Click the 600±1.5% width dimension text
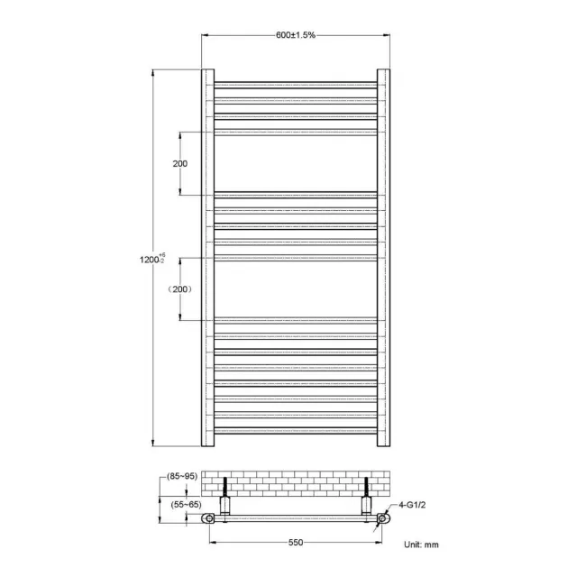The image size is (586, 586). (x=295, y=34)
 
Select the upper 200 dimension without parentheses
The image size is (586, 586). (x=179, y=163)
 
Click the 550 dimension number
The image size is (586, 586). (x=295, y=543)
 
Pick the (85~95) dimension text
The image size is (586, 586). (x=182, y=476)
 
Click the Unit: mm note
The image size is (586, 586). (x=421, y=545)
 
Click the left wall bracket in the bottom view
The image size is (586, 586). (x=224, y=501)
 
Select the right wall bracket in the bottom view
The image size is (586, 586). (x=368, y=501)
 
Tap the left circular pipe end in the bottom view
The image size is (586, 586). (x=209, y=519)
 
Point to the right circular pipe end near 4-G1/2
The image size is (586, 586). (x=382, y=519)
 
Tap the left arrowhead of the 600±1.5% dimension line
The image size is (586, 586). (x=204, y=34)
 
